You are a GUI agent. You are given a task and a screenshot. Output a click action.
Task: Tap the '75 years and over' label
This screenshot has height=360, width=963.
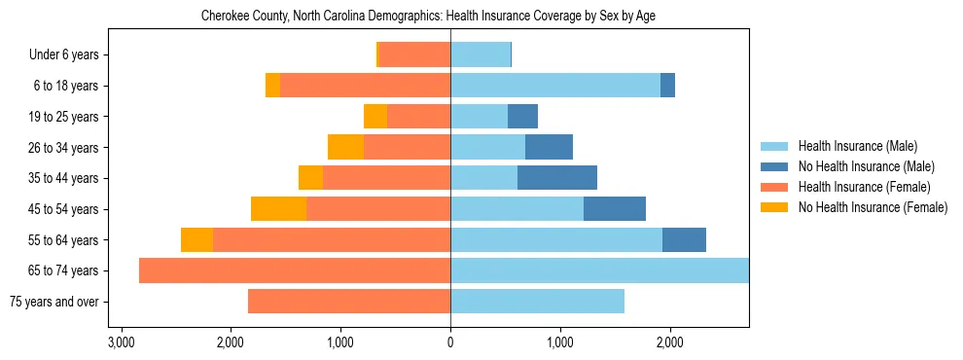pyautogui.click(x=53, y=302)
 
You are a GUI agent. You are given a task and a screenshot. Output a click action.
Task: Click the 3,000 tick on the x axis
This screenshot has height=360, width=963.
pyautogui.click(x=121, y=342)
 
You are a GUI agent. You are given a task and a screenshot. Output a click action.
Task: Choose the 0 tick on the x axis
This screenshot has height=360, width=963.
pyautogui.click(x=450, y=342)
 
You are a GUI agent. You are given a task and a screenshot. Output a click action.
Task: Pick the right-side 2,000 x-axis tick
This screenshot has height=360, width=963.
pyautogui.click(x=669, y=342)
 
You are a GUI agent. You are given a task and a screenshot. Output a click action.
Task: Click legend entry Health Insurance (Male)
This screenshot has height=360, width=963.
pyautogui.click(x=857, y=146)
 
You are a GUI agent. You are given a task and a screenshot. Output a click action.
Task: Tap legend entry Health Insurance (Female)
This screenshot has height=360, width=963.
pyautogui.click(x=864, y=187)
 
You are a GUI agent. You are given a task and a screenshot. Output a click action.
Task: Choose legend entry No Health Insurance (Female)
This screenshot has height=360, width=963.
pyautogui.click(x=873, y=207)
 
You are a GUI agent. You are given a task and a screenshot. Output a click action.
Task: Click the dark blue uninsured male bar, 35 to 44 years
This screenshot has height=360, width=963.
pyautogui.click(x=557, y=178)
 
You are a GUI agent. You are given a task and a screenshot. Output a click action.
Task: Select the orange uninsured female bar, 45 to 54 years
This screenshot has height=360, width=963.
pyautogui.click(x=279, y=209)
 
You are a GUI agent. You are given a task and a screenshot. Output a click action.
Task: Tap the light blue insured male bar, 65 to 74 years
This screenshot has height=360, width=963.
pyautogui.click(x=599, y=270)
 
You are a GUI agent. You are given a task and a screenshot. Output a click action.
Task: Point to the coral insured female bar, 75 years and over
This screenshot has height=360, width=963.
pyautogui.click(x=349, y=302)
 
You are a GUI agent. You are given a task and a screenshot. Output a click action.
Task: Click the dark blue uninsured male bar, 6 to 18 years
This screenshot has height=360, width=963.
pyautogui.click(x=667, y=86)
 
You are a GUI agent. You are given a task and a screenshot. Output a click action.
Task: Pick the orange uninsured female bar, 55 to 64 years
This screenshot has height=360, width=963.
pyautogui.click(x=197, y=239)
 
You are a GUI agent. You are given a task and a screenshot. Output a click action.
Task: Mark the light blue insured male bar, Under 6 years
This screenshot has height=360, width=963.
pyautogui.click(x=481, y=55)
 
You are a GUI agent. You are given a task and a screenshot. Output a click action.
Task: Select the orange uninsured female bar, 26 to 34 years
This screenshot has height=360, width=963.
pyautogui.click(x=345, y=147)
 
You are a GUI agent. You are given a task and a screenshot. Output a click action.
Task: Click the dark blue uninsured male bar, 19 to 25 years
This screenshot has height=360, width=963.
pyautogui.click(x=522, y=117)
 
